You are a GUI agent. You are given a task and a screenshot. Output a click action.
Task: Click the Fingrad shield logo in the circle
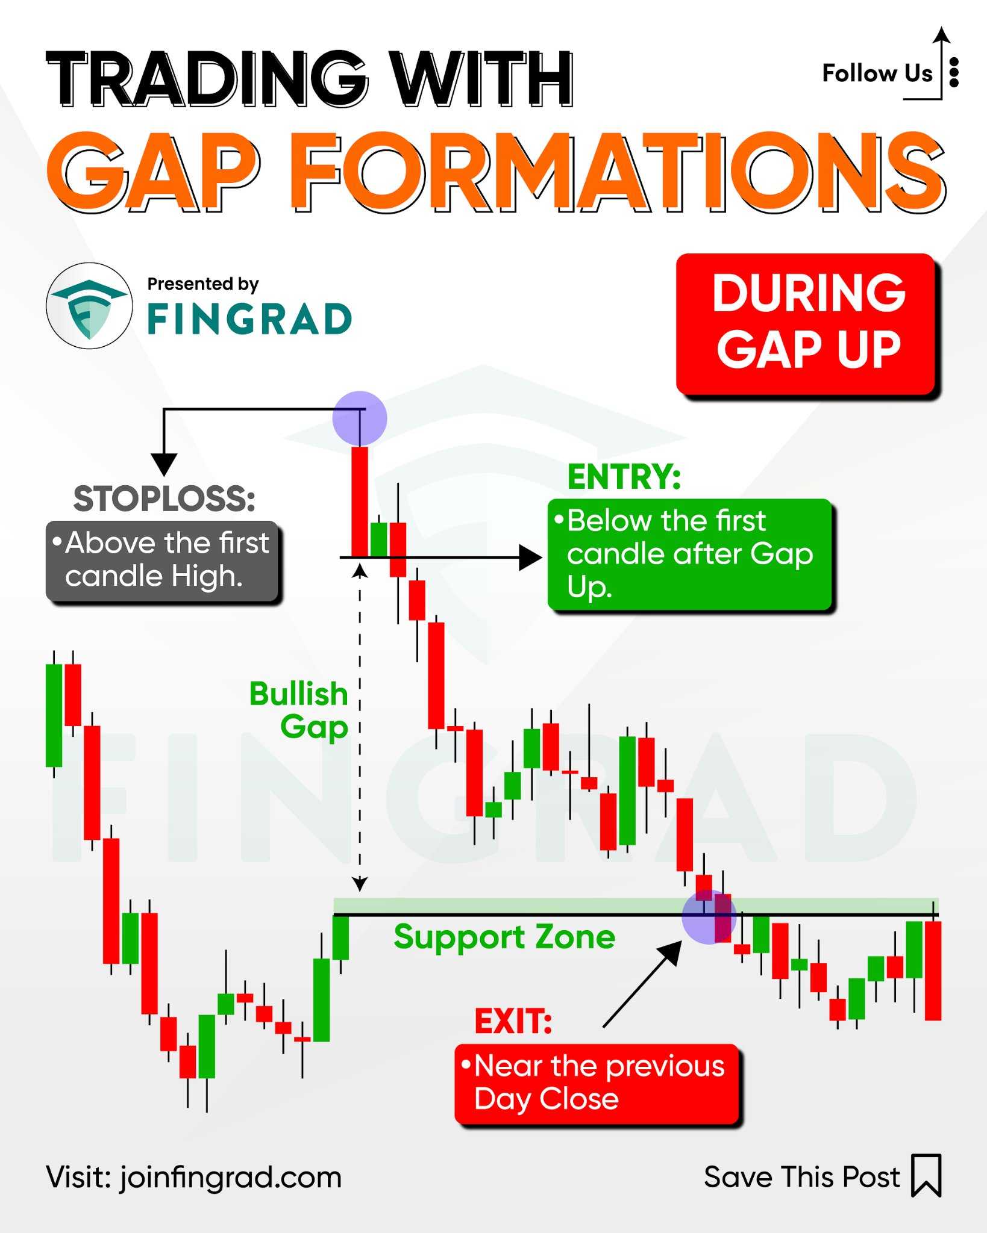pyautogui.click(x=89, y=306)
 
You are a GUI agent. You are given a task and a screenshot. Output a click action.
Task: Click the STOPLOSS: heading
pyautogui.click(x=164, y=499)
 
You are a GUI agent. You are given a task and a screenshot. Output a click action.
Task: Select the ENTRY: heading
pyautogui.click(x=624, y=477)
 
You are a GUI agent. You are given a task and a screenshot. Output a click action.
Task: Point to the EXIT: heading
pyautogui.click(x=513, y=1021)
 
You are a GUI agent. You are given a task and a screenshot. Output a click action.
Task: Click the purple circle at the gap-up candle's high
pyautogui.click(x=360, y=418)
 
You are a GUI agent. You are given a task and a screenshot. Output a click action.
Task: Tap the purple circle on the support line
pyautogui.click(x=709, y=917)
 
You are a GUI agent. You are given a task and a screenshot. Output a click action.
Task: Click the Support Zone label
pyautogui.click(x=504, y=937)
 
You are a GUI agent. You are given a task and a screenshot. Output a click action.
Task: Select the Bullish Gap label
pyautogui.click(x=299, y=710)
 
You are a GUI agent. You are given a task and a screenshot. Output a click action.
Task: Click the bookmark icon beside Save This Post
pyautogui.click(x=926, y=1175)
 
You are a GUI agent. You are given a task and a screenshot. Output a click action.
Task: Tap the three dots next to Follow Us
pyautogui.click(x=954, y=73)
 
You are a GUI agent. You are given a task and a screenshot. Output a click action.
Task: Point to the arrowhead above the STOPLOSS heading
pyautogui.click(x=163, y=464)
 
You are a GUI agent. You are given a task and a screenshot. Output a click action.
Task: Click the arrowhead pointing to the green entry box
pyautogui.click(x=530, y=557)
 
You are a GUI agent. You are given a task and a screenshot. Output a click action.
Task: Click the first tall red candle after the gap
pyautogui.click(x=360, y=501)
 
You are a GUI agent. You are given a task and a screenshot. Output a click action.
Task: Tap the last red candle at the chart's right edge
pyautogui.click(x=933, y=971)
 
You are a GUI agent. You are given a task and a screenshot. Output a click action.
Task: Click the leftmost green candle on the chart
pyautogui.click(x=54, y=715)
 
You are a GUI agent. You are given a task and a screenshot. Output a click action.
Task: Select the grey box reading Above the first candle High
pyautogui.click(x=162, y=561)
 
